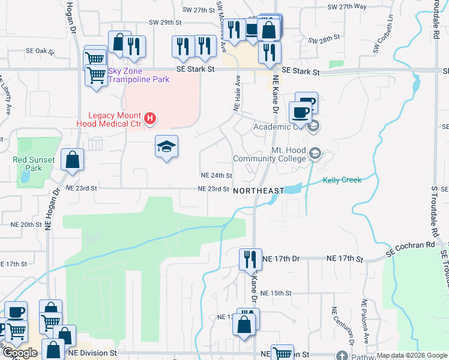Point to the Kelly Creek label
(x=342, y=180)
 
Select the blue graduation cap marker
(x=166, y=146)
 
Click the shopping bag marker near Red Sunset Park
(x=72, y=160)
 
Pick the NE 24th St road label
(x=215, y=176)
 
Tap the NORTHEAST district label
(x=258, y=190)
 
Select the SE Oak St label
(x=40, y=52)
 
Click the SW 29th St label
(x=166, y=22)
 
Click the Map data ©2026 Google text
(x=412, y=355)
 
